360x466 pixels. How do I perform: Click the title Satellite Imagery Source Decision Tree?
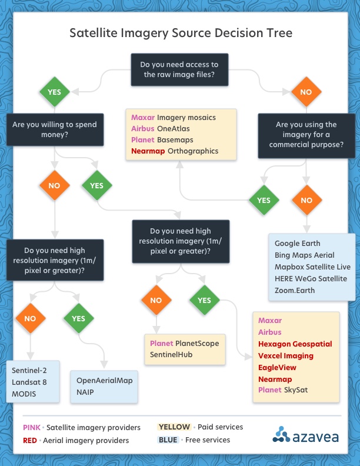coord(181,33)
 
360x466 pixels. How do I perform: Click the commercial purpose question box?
coord(306,135)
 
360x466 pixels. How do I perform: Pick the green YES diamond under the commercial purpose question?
coord(264,200)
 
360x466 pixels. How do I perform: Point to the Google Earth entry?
coord(298,244)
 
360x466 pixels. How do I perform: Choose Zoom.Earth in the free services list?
coord(295,291)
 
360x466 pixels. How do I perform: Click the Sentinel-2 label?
coord(30,370)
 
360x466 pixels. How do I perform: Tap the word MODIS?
coord(24,394)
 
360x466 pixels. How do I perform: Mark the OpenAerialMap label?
coord(105,380)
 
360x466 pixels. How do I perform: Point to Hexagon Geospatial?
coord(295,344)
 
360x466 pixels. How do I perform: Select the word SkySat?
coord(296,390)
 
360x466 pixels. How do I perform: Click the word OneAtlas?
coord(174,129)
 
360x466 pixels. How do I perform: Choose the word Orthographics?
coord(193,151)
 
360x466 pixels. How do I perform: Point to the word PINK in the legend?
coord(31,427)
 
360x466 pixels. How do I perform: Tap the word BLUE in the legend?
coord(168,440)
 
